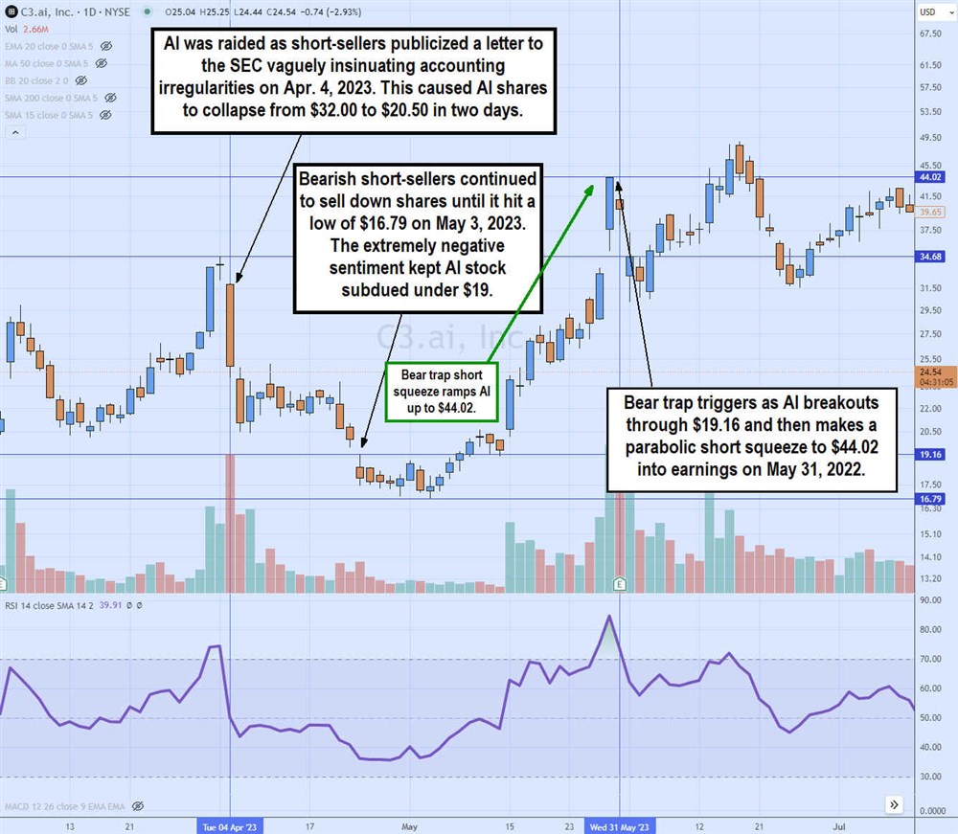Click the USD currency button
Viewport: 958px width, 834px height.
pyautogui.click(x=928, y=11)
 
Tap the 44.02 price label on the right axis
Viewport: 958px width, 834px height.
pyautogui.click(x=931, y=177)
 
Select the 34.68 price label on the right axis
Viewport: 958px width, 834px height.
pyautogui.click(x=931, y=257)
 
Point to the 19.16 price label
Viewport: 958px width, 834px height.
pyautogui.click(x=931, y=455)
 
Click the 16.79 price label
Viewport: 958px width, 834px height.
pyautogui.click(x=931, y=499)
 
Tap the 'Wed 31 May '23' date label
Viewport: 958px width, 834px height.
pyautogui.click(x=620, y=825)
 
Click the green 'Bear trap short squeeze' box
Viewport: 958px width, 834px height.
pyautogui.click(x=442, y=391)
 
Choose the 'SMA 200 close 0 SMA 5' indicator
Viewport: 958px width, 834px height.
pyautogui.click(x=50, y=98)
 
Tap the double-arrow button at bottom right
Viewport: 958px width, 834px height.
pyautogui.click(x=893, y=804)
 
